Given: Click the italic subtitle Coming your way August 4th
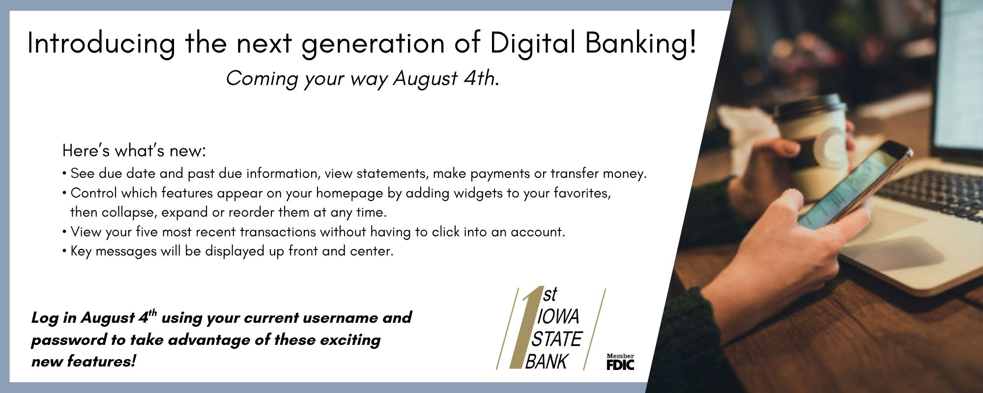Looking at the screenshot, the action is point(363,79).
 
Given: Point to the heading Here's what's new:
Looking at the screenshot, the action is point(134,151).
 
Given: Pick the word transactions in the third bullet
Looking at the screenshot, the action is point(277,232).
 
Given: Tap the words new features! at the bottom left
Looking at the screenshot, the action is point(84,362).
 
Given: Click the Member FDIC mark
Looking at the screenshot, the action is point(620,362).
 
